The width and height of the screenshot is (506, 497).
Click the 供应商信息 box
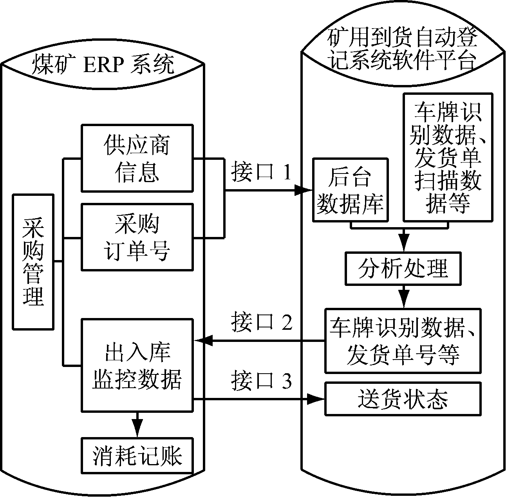point(137,158)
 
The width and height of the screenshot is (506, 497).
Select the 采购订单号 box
point(137,237)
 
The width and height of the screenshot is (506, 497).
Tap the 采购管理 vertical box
point(33,261)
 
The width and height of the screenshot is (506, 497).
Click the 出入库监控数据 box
point(137,365)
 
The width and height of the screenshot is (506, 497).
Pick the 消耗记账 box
point(137,455)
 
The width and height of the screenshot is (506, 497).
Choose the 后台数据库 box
point(350,190)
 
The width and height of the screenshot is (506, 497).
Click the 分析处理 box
point(403,269)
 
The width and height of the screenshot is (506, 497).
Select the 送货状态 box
point(403,399)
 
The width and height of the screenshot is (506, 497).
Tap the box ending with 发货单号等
point(403,340)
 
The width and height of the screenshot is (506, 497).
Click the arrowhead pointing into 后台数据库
point(304,191)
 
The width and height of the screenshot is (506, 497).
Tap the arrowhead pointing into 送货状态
point(316,399)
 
